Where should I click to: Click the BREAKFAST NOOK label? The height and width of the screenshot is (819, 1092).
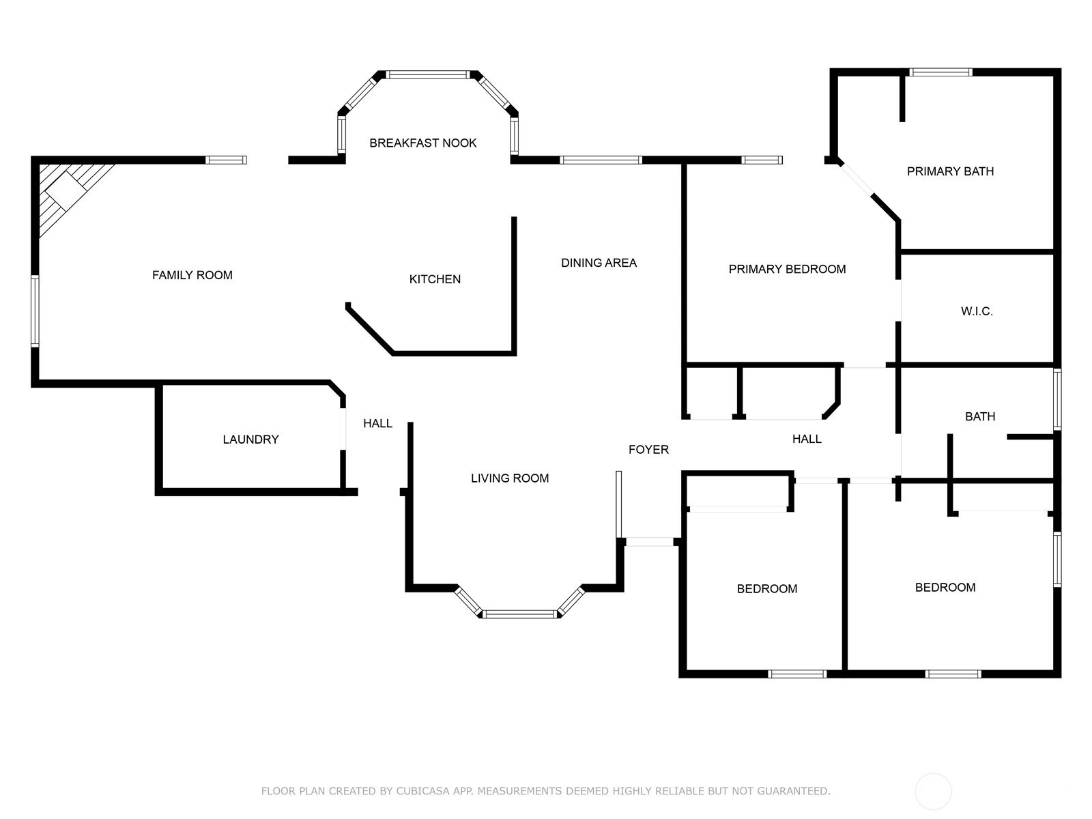[423, 143]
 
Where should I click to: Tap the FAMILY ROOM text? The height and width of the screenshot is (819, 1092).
[192, 275]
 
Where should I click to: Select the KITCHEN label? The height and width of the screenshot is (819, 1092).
[435, 279]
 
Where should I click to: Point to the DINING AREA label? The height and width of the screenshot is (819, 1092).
[599, 263]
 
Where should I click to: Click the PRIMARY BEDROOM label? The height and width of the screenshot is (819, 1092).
[787, 269]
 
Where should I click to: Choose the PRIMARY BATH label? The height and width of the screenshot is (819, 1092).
[950, 171]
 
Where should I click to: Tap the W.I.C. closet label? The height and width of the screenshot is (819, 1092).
[977, 311]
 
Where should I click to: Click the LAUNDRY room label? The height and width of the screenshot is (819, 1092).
[250, 440]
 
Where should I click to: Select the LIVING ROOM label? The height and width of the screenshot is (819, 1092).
[510, 478]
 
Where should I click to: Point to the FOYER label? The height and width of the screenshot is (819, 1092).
[649, 450]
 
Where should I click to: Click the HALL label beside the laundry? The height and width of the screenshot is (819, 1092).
[377, 423]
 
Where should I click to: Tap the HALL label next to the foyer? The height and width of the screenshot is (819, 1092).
[807, 439]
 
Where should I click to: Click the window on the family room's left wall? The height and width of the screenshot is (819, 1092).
[35, 311]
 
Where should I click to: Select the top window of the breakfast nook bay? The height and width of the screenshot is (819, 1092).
[427, 74]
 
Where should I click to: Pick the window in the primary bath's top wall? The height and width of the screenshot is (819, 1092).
[940, 72]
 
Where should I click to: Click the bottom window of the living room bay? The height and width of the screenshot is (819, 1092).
[520, 614]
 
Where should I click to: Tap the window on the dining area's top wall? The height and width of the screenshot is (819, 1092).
[601, 160]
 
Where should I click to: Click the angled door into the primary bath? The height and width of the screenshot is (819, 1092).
[857, 179]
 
